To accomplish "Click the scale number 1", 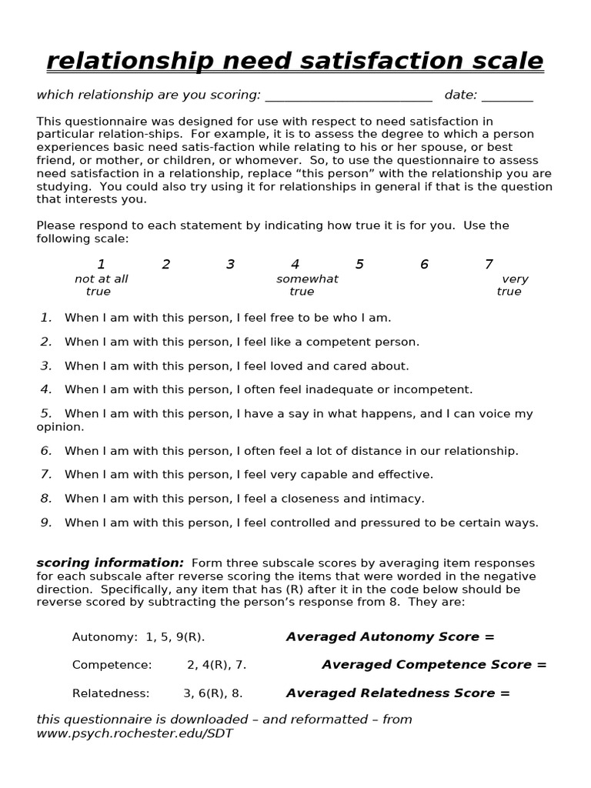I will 101,265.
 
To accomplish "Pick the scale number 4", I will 295,265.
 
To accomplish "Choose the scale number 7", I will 489,265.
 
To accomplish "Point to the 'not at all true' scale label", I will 101,285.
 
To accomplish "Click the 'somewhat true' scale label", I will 306,285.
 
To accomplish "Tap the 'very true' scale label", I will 512,285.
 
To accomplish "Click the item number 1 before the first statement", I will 46,317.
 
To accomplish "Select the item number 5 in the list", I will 46,413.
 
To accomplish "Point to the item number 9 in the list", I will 46,523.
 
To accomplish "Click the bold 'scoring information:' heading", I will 110,563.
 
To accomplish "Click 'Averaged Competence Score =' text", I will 434,665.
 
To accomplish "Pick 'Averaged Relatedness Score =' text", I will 398,693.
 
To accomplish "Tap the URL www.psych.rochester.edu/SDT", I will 135,733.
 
